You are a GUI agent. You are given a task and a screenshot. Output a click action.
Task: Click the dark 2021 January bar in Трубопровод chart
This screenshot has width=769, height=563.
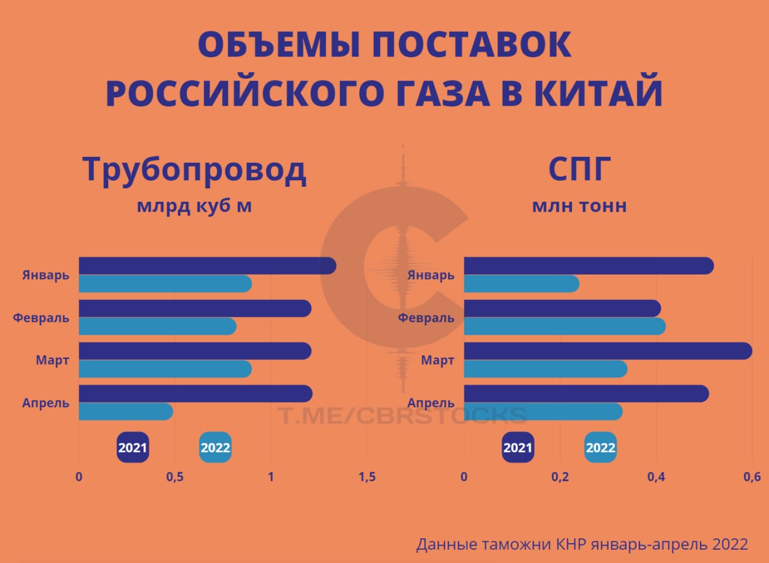tap(207, 266)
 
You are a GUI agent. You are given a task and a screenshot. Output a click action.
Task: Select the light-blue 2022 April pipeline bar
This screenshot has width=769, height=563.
tap(126, 412)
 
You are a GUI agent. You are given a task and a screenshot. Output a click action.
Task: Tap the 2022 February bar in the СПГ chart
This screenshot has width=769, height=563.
tap(564, 326)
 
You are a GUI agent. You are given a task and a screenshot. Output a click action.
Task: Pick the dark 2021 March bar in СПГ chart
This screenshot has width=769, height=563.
tap(607, 351)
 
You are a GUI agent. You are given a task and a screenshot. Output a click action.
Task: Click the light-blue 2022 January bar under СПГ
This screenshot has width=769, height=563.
tap(521, 284)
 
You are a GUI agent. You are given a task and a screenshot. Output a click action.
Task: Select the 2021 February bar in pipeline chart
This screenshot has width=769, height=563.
tap(195, 309)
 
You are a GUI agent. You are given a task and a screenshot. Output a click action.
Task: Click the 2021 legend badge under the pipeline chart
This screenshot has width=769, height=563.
tap(133, 448)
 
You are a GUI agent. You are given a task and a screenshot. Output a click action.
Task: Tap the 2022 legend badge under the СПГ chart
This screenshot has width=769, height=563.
tap(600, 448)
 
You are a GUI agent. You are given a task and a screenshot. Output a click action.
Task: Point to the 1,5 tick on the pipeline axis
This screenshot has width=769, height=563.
tap(367, 477)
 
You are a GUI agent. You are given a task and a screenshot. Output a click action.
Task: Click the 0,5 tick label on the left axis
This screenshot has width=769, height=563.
tap(174, 477)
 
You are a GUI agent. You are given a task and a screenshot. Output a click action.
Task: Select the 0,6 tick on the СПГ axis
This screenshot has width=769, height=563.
tap(752, 477)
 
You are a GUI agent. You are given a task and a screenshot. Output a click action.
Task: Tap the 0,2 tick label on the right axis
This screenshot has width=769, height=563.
tap(560, 477)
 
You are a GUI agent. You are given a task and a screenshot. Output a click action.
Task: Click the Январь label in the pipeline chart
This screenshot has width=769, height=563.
tap(46, 275)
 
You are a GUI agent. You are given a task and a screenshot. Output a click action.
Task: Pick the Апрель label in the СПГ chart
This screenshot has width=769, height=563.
tap(431, 403)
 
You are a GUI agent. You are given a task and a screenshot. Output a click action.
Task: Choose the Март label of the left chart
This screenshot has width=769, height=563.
tap(52, 361)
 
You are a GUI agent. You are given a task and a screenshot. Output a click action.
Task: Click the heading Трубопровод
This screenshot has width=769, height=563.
tap(194, 170)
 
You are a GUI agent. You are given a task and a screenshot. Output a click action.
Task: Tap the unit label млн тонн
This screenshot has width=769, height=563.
tap(579, 205)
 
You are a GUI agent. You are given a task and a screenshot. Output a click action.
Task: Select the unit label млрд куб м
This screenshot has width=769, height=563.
tap(194, 205)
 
